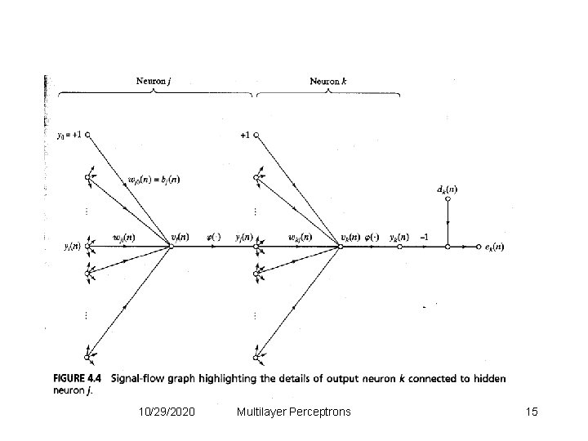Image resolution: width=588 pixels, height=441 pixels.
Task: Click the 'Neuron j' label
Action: (x=153, y=81)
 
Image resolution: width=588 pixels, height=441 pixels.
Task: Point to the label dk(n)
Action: (x=448, y=190)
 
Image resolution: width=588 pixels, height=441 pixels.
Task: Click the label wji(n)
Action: (x=123, y=238)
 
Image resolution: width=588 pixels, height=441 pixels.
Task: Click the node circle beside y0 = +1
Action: (x=87, y=136)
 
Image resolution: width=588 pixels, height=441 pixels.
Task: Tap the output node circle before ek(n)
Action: (x=479, y=246)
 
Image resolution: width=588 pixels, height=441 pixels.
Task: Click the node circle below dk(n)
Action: (x=448, y=246)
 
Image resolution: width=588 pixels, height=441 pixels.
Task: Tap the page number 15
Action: (x=532, y=412)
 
